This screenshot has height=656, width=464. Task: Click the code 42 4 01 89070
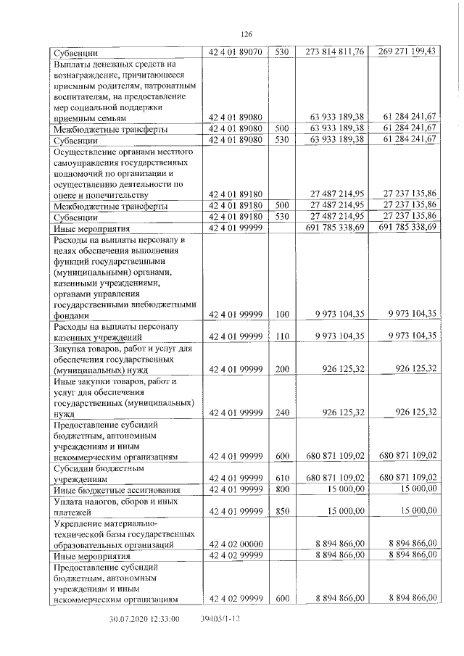click(x=235, y=52)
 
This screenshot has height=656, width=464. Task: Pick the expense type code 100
click(x=282, y=314)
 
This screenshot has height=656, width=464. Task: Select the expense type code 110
click(x=282, y=336)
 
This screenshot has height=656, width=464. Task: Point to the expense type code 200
click(x=282, y=369)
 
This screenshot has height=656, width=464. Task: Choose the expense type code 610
click(x=282, y=478)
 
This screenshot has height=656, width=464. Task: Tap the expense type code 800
click(x=282, y=490)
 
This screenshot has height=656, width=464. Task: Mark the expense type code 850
click(x=282, y=511)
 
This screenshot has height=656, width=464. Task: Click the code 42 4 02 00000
click(x=235, y=543)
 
